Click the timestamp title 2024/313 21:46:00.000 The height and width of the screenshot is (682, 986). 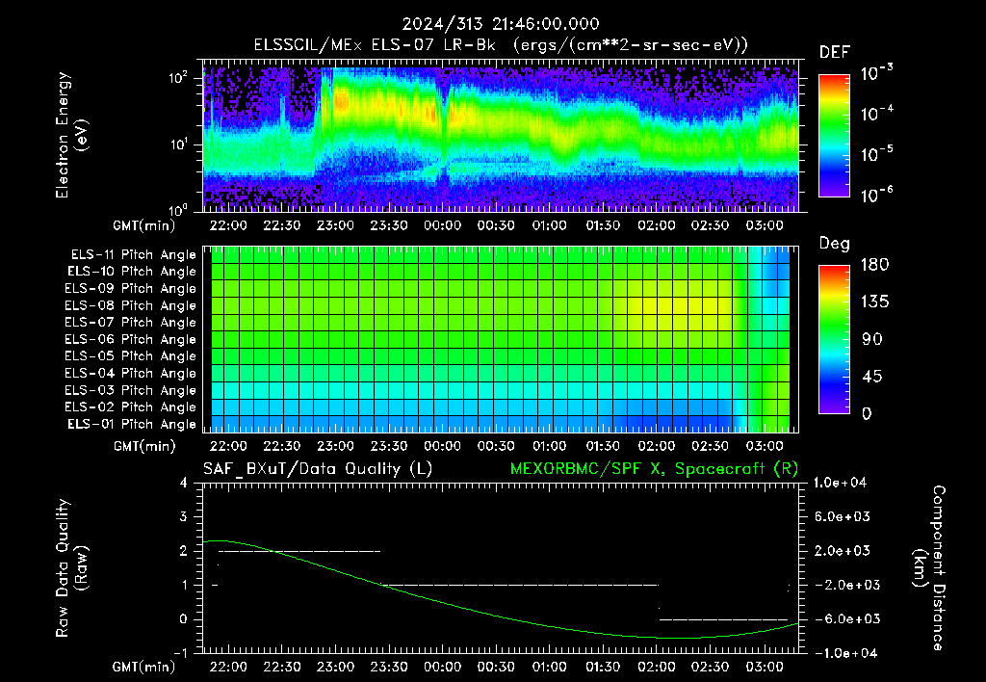click(x=501, y=24)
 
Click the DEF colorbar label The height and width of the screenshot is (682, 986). click(x=835, y=52)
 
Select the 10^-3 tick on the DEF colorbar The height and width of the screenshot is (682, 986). click(x=877, y=73)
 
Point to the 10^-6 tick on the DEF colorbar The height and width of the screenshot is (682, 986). click(x=877, y=195)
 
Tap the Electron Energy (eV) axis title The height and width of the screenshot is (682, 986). click(x=71, y=135)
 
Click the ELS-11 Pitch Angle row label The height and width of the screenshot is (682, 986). click(x=133, y=255)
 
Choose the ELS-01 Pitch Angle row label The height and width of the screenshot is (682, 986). click(x=132, y=424)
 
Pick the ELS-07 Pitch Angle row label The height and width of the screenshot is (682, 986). click(x=131, y=322)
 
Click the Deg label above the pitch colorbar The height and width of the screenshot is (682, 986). click(x=835, y=244)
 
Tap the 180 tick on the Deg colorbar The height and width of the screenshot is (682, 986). click(x=874, y=264)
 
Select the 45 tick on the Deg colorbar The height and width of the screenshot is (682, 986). click(x=871, y=377)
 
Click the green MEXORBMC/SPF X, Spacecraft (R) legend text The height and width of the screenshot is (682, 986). click(x=654, y=469)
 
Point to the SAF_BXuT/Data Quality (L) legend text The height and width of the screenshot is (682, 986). click(x=318, y=469)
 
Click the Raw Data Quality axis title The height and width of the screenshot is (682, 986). click(x=71, y=567)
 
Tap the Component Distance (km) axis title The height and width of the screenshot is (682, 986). click(x=929, y=567)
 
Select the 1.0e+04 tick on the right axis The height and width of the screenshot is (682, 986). click(x=840, y=483)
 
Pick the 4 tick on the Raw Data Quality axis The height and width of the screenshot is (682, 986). click(x=183, y=483)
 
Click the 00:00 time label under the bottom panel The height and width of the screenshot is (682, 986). click(x=442, y=667)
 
